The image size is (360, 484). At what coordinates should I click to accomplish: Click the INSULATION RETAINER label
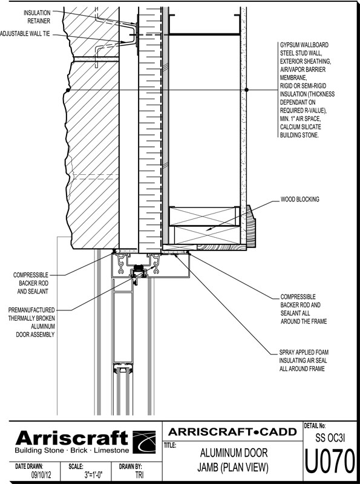[37, 17]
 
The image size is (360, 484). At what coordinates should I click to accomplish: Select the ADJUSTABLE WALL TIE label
[25, 34]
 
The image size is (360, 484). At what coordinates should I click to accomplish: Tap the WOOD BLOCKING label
[299, 200]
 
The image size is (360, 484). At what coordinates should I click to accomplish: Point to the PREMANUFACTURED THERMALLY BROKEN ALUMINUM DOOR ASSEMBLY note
[31, 322]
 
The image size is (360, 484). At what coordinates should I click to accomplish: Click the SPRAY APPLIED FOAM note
[304, 352]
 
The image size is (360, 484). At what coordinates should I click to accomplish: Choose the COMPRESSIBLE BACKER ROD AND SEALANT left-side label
[31, 283]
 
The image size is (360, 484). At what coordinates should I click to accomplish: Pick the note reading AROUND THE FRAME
[304, 321]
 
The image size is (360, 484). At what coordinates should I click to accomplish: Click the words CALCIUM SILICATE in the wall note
[296, 127]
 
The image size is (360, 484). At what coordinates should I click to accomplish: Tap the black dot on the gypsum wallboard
[246, 90]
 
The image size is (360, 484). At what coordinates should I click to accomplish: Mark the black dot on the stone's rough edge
[67, 90]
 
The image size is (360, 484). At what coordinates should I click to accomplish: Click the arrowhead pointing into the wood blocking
[208, 229]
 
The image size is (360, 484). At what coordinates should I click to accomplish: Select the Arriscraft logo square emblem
[144, 442]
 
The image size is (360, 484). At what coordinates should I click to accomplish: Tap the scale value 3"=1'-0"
[94, 475]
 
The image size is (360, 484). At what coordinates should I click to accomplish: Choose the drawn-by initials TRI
[139, 475]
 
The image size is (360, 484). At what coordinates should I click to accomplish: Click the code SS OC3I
[330, 437]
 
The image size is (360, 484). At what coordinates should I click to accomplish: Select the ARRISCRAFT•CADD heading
[232, 432]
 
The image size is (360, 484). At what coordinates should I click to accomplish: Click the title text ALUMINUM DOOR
[234, 453]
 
